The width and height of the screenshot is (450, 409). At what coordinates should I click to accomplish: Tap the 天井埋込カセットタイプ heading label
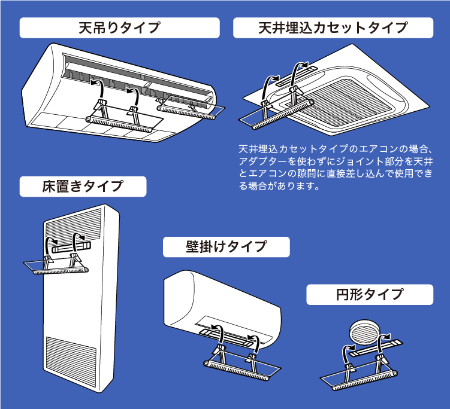point(333,28)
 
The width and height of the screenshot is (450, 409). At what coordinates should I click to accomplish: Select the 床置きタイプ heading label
point(83,186)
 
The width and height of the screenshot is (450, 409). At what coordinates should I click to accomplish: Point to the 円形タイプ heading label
point(369,294)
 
